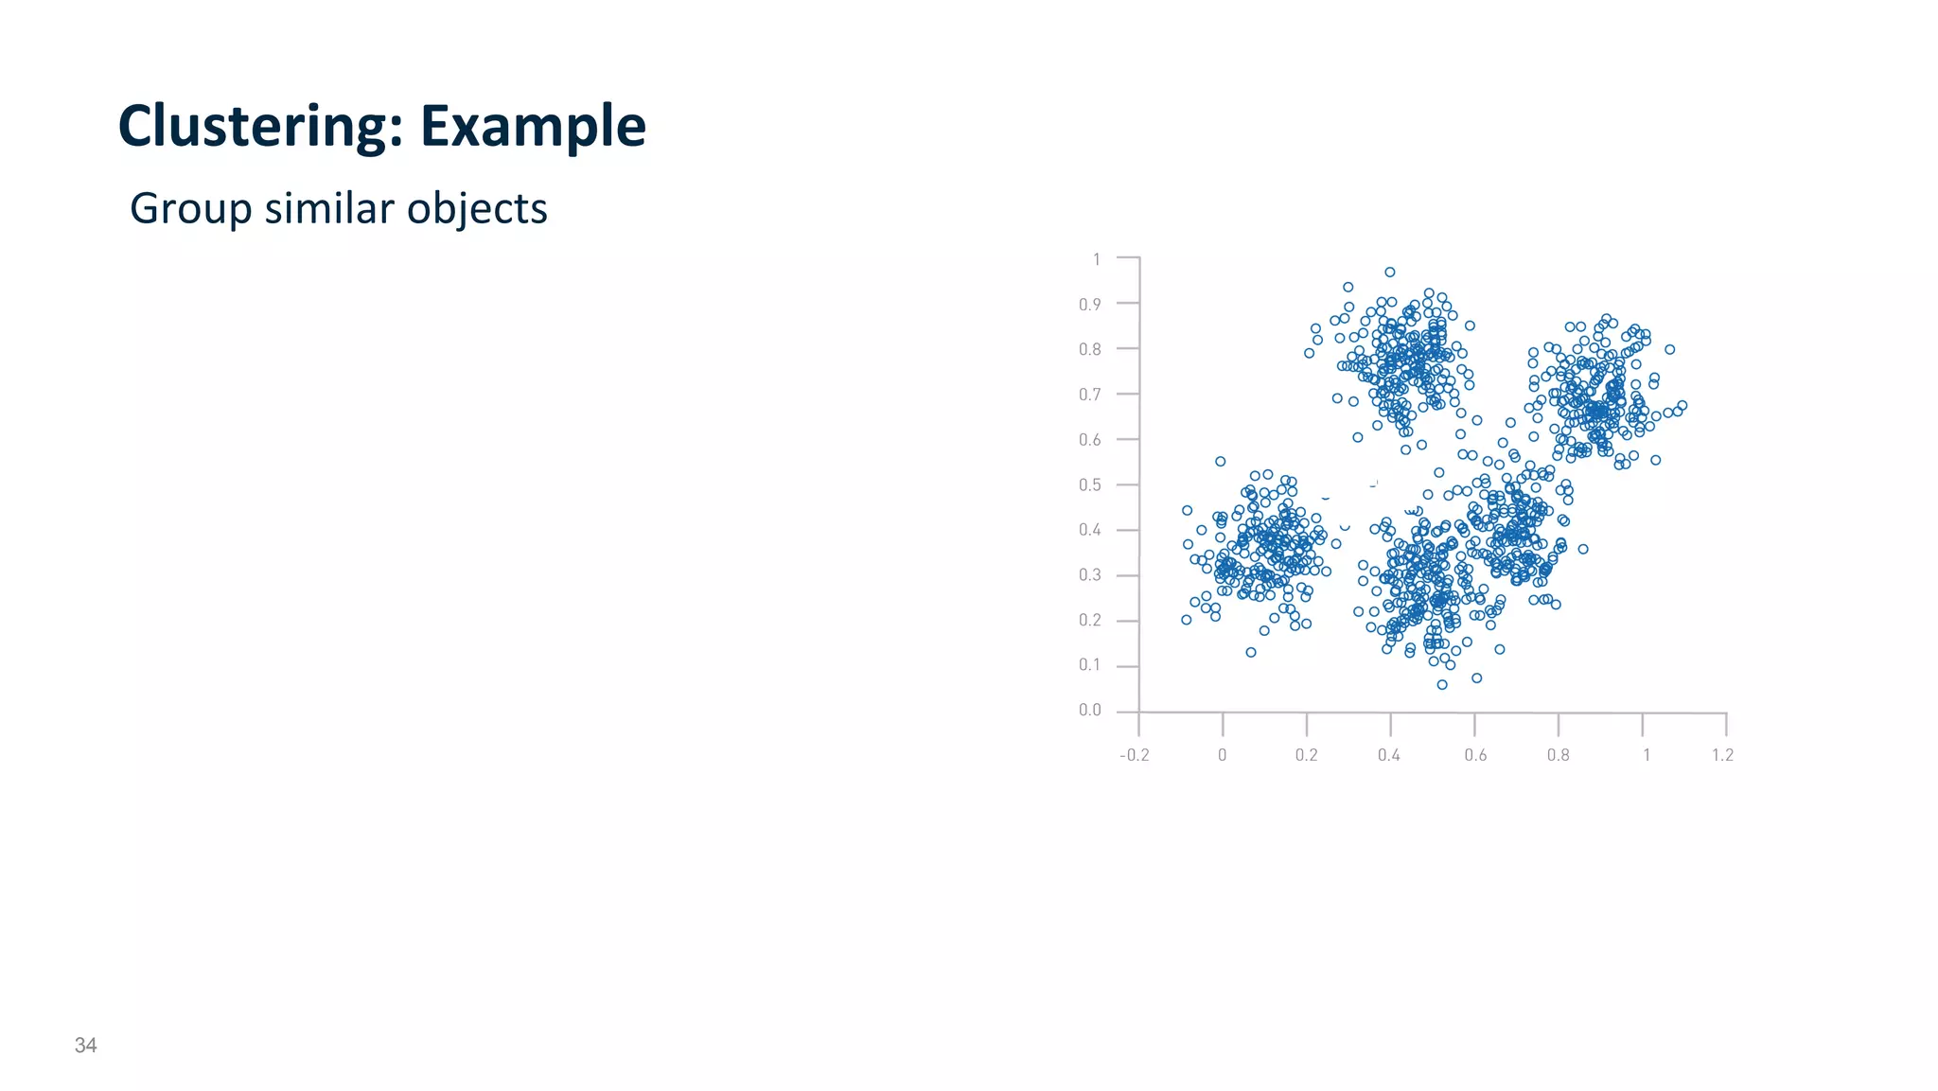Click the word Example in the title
(x=533, y=126)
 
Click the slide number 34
(x=85, y=1045)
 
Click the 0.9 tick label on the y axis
(x=1090, y=305)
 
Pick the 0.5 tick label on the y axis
(x=1090, y=485)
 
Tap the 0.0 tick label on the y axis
(x=1090, y=711)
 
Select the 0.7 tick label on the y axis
(x=1090, y=395)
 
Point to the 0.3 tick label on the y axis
(x=1090, y=575)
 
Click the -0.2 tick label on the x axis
(x=1134, y=755)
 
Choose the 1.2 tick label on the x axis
(x=1722, y=755)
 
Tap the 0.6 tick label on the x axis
(x=1475, y=755)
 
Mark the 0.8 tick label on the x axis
(x=1558, y=755)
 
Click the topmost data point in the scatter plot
(x=1390, y=273)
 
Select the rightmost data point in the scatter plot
(x=1682, y=406)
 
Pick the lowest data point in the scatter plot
(x=1442, y=684)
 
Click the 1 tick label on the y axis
(x=1097, y=259)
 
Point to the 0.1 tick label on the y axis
(x=1090, y=665)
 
